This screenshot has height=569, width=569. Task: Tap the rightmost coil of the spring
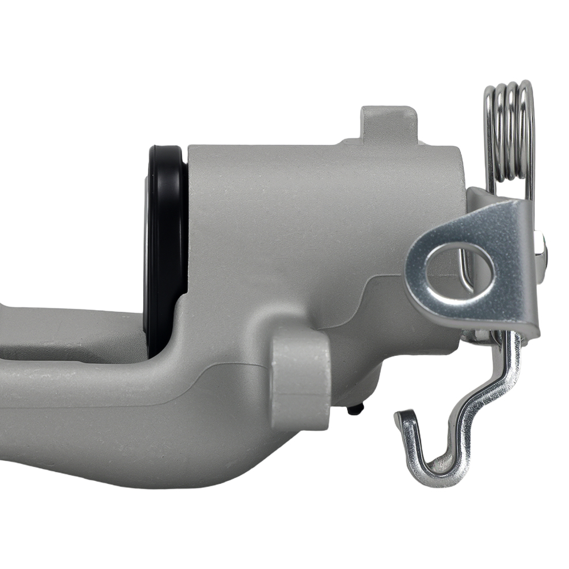(529, 137)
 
